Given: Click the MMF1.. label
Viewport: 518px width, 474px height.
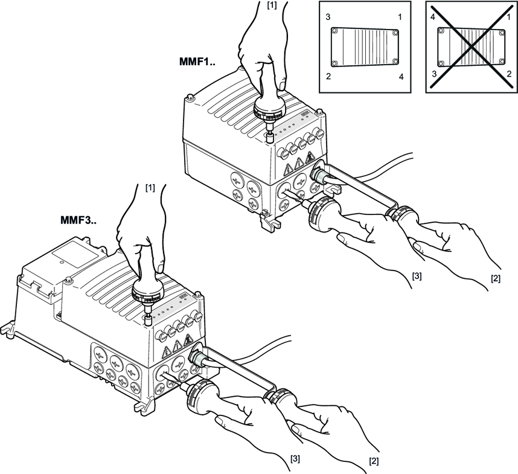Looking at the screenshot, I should [197, 62].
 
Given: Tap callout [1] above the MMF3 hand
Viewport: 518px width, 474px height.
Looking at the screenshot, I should [149, 188].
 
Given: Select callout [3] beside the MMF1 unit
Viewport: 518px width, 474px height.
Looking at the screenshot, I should [417, 275].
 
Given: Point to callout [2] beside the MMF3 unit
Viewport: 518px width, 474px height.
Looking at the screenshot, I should [374, 460].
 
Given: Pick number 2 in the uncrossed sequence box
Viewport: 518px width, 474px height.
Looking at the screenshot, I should [328, 77].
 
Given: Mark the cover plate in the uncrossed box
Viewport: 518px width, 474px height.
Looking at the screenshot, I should [364, 46].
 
